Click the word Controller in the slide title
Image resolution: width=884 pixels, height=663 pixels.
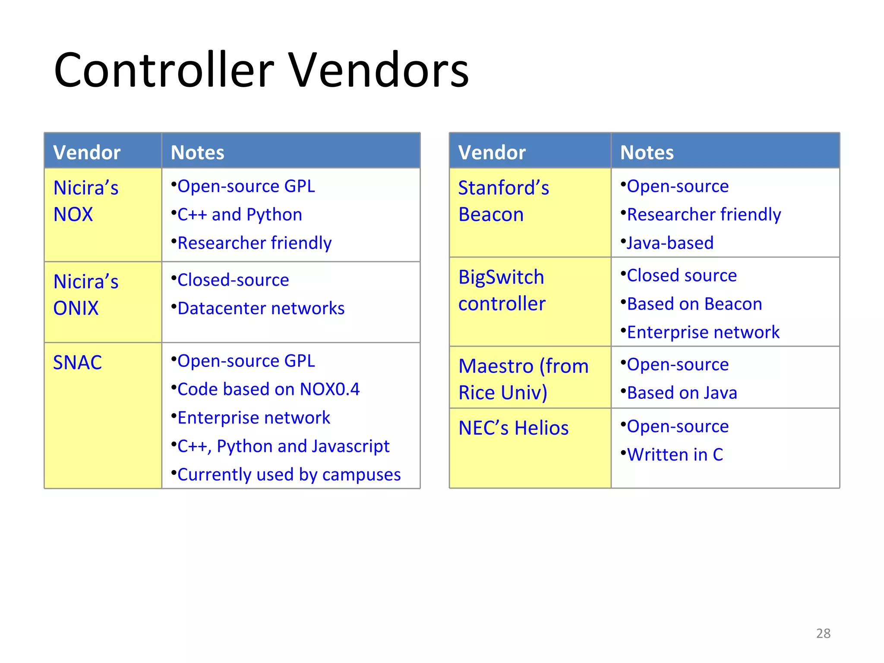point(164,70)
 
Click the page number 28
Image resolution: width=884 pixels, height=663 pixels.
point(823,633)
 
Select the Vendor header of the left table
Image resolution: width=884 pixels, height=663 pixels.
point(86,152)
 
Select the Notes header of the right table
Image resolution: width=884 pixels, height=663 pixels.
point(647,152)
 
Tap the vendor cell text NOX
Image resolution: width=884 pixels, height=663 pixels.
point(73,215)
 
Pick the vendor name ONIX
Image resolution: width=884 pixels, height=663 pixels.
point(76,308)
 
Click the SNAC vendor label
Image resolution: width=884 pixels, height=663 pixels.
point(77,363)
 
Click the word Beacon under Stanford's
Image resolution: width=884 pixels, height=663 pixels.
point(491,215)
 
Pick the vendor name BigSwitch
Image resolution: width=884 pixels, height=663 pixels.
point(501,277)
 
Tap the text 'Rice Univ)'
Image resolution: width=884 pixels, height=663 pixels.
point(503,393)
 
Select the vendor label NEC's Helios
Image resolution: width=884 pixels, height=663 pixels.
point(514,428)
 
